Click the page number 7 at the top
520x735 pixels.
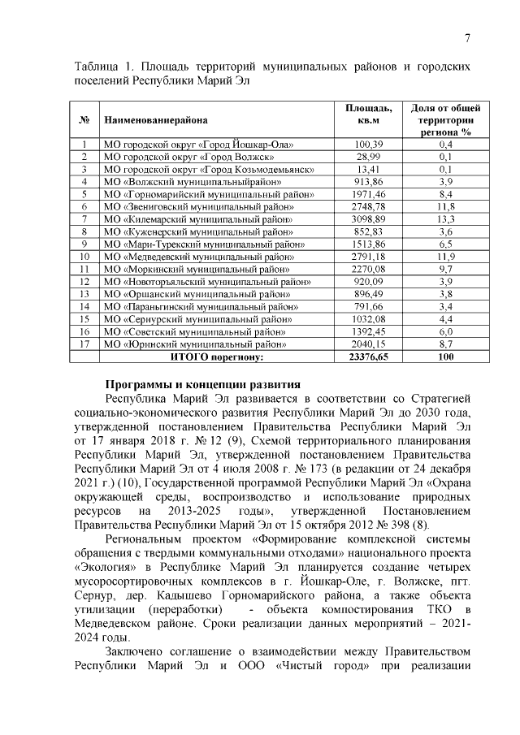pyautogui.click(x=468, y=38)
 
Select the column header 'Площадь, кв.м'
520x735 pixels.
pyautogui.click(x=368, y=115)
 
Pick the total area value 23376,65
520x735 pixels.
pyautogui.click(x=368, y=357)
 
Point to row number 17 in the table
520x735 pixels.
pyautogui.click(x=84, y=344)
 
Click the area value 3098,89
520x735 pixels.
pyautogui.click(x=368, y=219)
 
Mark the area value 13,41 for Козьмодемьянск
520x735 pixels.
pyautogui.click(x=368, y=169)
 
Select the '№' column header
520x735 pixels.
pyautogui.click(x=84, y=120)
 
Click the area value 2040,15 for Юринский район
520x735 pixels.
pyautogui.click(x=368, y=344)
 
